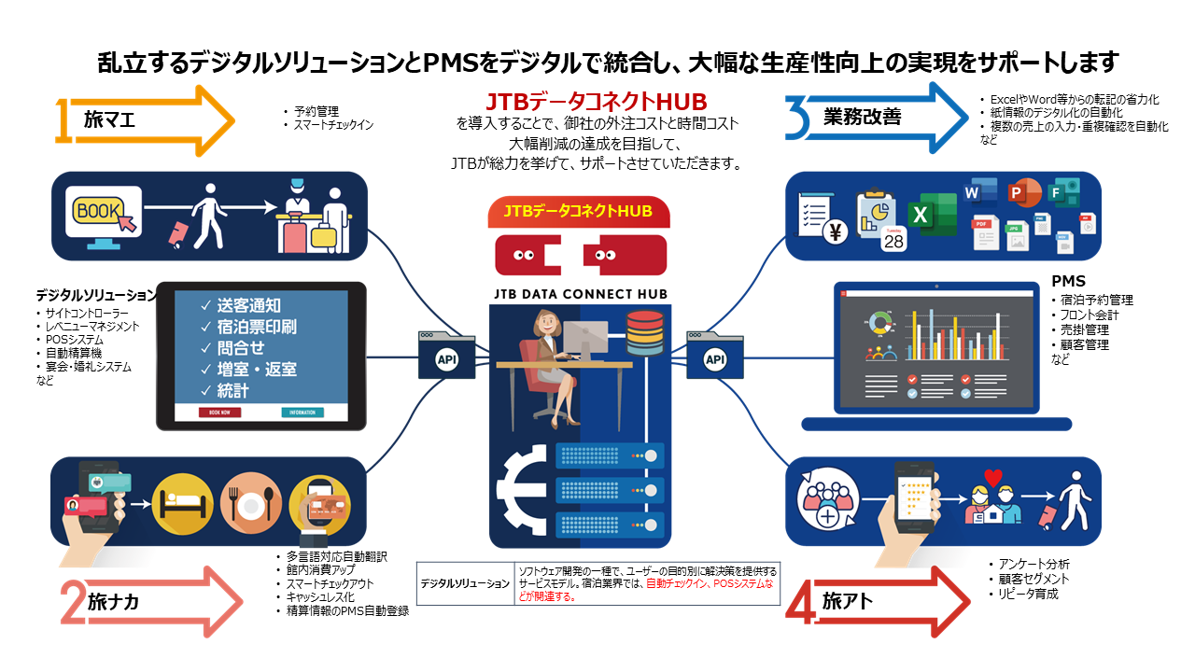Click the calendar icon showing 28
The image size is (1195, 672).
pyautogui.click(x=893, y=238)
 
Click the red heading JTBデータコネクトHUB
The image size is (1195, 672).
pyautogui.click(x=597, y=101)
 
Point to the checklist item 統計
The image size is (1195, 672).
pyautogui.click(x=232, y=390)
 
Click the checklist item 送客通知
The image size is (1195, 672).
pyautogui.click(x=247, y=305)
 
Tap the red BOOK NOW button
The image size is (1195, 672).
pyautogui.click(x=219, y=412)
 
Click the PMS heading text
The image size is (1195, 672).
pyautogui.click(x=1068, y=281)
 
